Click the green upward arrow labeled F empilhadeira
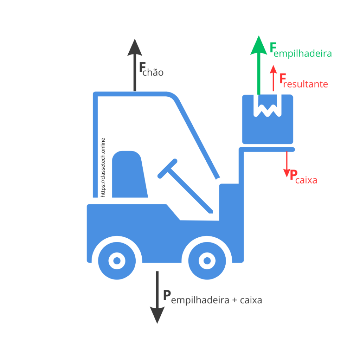tap(259, 65)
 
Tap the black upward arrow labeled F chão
tap(135, 65)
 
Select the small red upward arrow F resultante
tap(273, 78)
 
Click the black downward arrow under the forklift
tap(157, 297)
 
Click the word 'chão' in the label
tap(153, 72)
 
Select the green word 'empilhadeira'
tap(303, 53)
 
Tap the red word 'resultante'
tap(306, 84)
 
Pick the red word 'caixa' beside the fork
tap(306, 180)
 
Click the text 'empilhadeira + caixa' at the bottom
tap(217, 300)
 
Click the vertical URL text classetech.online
tap(103, 168)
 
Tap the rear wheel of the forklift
tap(117, 261)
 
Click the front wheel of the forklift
tap(207, 261)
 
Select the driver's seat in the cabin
tap(129, 174)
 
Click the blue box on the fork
tap(268, 129)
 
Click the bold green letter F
tap(273, 47)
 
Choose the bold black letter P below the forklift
tap(167, 295)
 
